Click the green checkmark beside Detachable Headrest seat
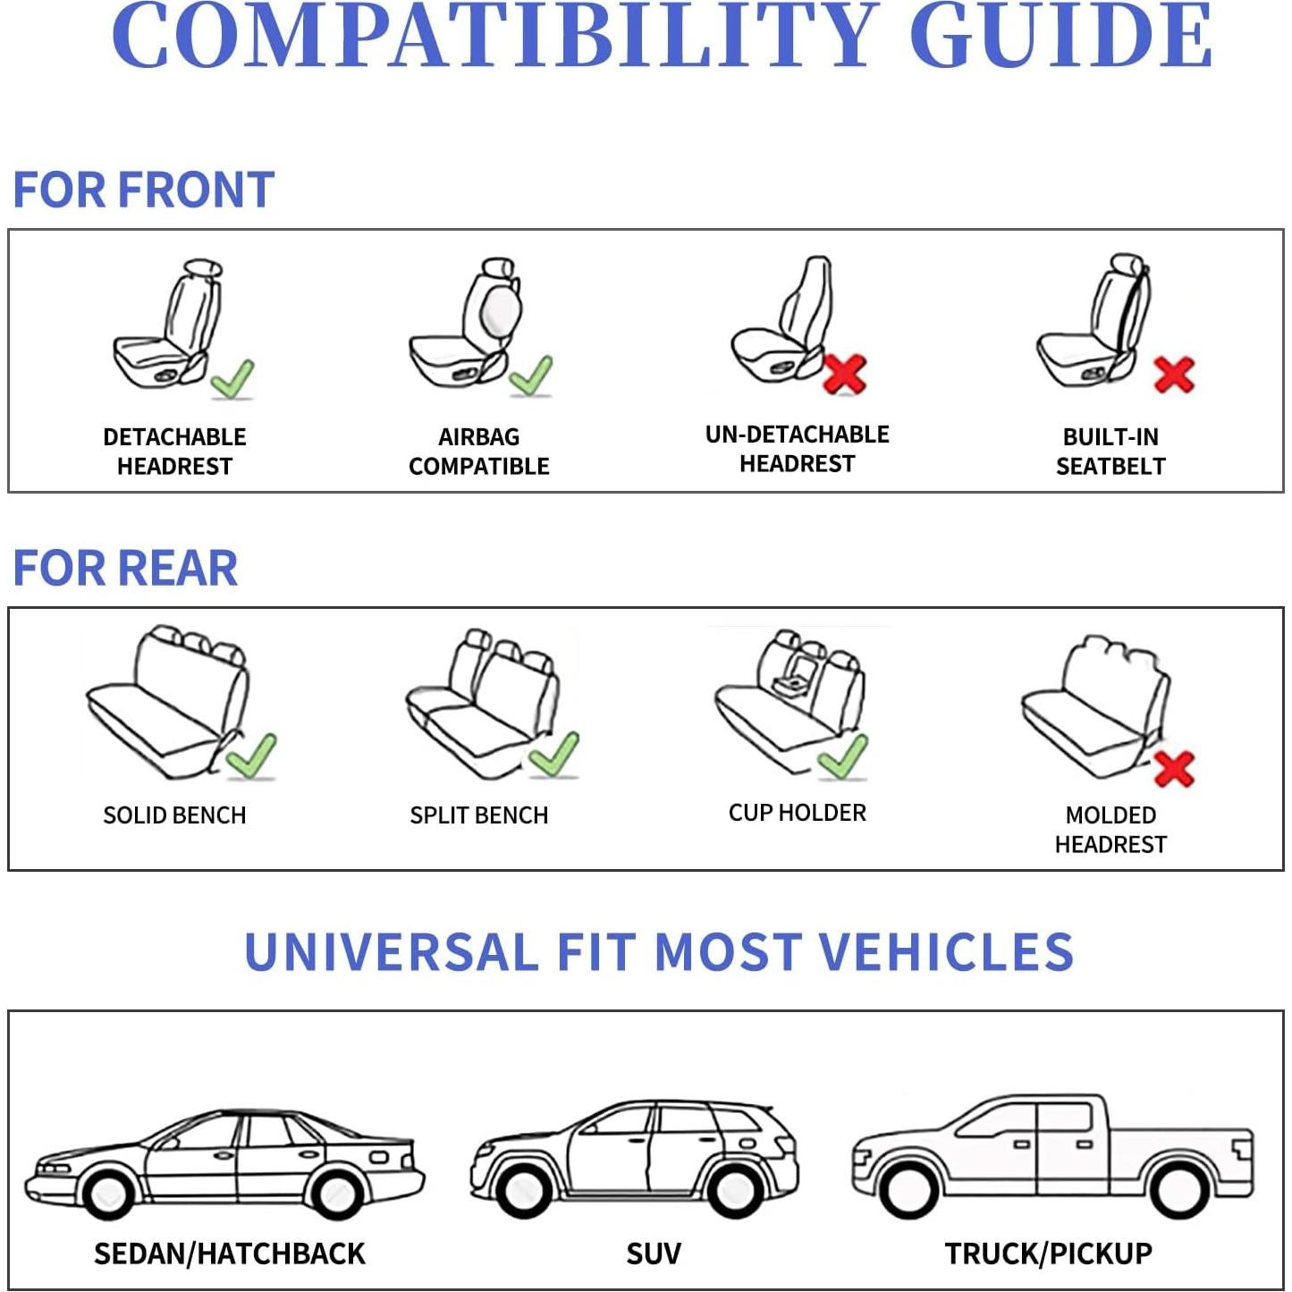(x=233, y=378)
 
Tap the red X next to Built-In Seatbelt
(x=1173, y=375)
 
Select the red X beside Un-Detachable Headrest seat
(x=844, y=374)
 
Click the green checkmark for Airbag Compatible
(x=531, y=376)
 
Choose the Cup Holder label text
(x=797, y=813)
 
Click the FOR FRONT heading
(x=143, y=190)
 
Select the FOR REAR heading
(x=125, y=568)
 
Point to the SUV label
(x=654, y=1254)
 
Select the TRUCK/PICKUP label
(x=1048, y=1254)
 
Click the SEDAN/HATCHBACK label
(x=230, y=1254)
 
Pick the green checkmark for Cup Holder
(x=842, y=757)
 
